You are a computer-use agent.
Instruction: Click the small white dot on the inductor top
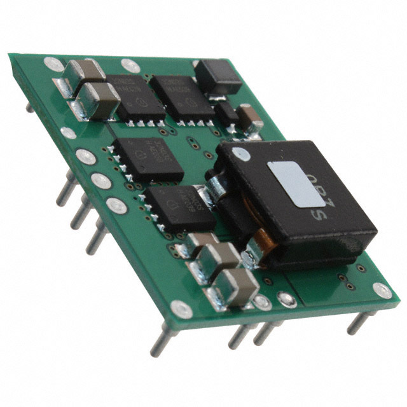pos(239,153)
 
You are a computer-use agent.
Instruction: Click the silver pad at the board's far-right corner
pos(383,291)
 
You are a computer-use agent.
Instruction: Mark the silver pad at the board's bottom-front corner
pos(181,310)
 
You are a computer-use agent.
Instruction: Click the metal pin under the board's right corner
pos(357,322)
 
